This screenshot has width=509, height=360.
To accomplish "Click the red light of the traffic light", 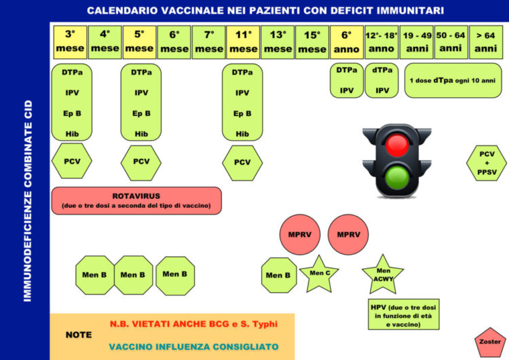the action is pos(397,145).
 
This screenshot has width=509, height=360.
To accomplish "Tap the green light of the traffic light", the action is pos(397,177).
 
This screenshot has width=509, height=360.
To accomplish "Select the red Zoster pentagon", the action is pos(490,342).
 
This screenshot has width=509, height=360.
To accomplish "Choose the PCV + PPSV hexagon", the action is pos(487,163).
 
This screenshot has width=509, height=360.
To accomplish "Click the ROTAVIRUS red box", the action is pos(136,200).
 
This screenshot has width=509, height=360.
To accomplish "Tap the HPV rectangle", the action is pos(404,314).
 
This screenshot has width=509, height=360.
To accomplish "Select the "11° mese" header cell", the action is pos(243,42).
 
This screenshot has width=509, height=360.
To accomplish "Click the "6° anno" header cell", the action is pos(346,42).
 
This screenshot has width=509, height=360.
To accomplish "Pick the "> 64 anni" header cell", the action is pos(486,42).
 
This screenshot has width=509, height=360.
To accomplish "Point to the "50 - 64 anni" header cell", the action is pos(451,42).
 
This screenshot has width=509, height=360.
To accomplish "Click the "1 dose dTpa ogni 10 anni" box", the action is pos(453,81).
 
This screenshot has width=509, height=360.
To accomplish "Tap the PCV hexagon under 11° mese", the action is pos(242,163).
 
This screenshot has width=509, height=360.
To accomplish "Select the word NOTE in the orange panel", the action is pos(79,335).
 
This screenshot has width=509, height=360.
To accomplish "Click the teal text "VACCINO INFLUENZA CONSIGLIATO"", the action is pos(194,347).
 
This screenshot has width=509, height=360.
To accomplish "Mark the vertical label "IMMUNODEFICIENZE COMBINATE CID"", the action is pos(28,201).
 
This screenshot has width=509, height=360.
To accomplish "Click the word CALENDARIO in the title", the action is pos(122,11).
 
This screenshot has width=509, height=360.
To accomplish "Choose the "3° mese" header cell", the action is pos(70,42).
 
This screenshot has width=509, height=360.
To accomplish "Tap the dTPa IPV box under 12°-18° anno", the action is pos(381,81).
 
